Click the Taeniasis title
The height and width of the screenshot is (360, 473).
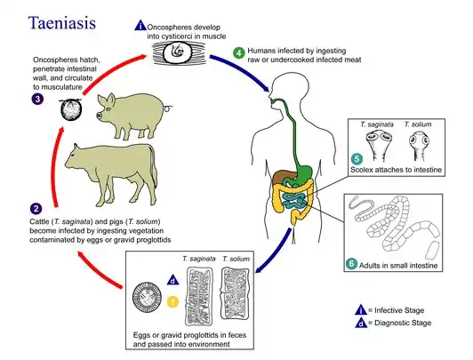click(x=62, y=23)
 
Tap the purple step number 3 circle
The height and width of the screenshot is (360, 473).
click(x=37, y=99)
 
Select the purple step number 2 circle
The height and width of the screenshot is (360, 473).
click(x=36, y=209)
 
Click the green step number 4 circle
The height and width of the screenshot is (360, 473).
click(x=238, y=53)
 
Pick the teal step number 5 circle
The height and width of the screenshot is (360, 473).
click(x=357, y=159)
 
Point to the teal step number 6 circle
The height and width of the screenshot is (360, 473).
click(x=351, y=263)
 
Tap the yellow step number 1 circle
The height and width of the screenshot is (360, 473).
click(x=172, y=302)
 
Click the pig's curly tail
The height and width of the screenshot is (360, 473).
click(x=168, y=107)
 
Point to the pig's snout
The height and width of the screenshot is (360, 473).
click(x=99, y=116)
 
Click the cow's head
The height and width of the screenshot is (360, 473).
click(x=73, y=156)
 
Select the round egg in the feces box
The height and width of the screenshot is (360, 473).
click(x=147, y=297)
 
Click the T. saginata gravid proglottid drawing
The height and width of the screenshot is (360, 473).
click(x=199, y=296)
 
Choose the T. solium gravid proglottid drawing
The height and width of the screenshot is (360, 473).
click(x=236, y=293)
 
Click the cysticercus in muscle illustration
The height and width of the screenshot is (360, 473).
click(x=178, y=52)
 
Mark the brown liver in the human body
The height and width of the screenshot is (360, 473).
click(x=282, y=177)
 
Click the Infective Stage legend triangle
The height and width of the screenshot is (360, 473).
click(x=361, y=310)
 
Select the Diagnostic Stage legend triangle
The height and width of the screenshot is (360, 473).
click(x=361, y=323)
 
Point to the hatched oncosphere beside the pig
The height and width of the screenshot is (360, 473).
click(x=71, y=109)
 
